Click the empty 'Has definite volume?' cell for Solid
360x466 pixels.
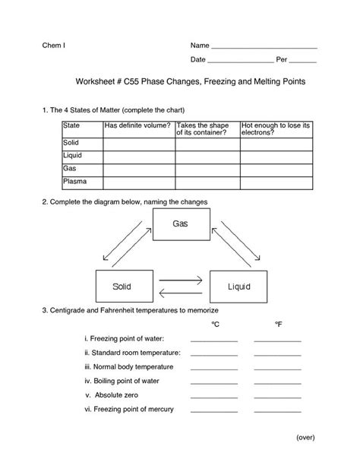pyautogui.click(x=137, y=143)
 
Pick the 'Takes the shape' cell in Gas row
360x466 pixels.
pyautogui.click(x=206, y=169)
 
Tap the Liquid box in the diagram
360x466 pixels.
pyautogui.click(x=238, y=287)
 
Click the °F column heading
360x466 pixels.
pyautogui.click(x=277, y=325)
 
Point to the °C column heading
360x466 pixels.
pyautogui.click(x=216, y=325)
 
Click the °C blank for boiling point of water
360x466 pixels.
pyautogui.click(x=214, y=382)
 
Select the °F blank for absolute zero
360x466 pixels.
pyautogui.click(x=277, y=396)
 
